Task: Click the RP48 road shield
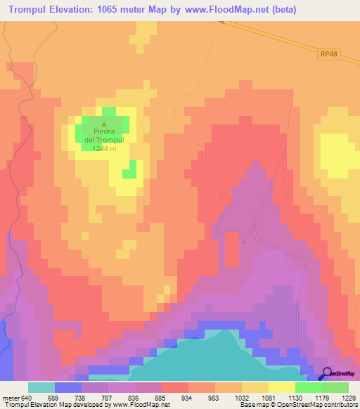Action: (328, 54)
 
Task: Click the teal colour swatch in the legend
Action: (41, 387)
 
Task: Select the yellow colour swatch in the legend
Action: (281, 387)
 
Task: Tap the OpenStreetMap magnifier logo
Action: (328, 374)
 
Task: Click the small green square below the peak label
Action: (129, 170)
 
